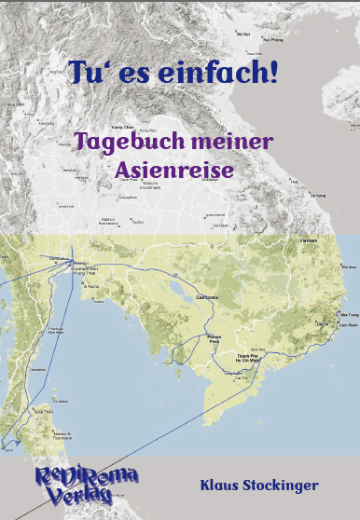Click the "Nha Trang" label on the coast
[350, 315]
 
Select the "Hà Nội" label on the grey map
[243, 34]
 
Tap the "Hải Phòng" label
[273, 40]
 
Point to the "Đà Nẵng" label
[317, 196]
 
